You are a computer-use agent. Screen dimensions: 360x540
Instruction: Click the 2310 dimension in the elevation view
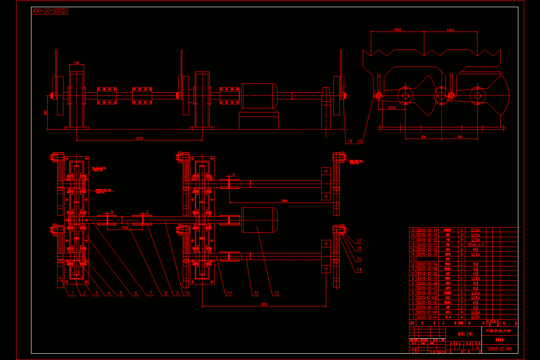tap(140, 138)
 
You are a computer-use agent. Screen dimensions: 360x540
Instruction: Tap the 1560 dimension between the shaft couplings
tap(126, 228)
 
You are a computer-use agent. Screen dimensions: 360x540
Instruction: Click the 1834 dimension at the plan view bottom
tap(264, 304)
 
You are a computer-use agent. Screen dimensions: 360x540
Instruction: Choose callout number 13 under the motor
tap(276, 293)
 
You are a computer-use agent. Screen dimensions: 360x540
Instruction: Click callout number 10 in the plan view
tap(187, 293)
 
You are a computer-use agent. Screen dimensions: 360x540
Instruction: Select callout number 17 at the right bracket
tap(359, 241)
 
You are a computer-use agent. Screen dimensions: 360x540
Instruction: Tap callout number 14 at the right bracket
tap(359, 270)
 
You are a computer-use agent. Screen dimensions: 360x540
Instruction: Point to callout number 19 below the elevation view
tap(350, 141)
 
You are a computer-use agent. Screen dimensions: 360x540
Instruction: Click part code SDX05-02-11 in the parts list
tap(427, 244)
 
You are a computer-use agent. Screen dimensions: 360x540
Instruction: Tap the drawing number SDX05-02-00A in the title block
tap(499, 349)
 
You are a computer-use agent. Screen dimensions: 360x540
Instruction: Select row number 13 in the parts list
tap(412, 259)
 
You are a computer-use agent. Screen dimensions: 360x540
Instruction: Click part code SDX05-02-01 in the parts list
tap(427, 316)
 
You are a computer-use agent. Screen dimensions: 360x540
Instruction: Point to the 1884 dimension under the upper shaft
tap(284, 201)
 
